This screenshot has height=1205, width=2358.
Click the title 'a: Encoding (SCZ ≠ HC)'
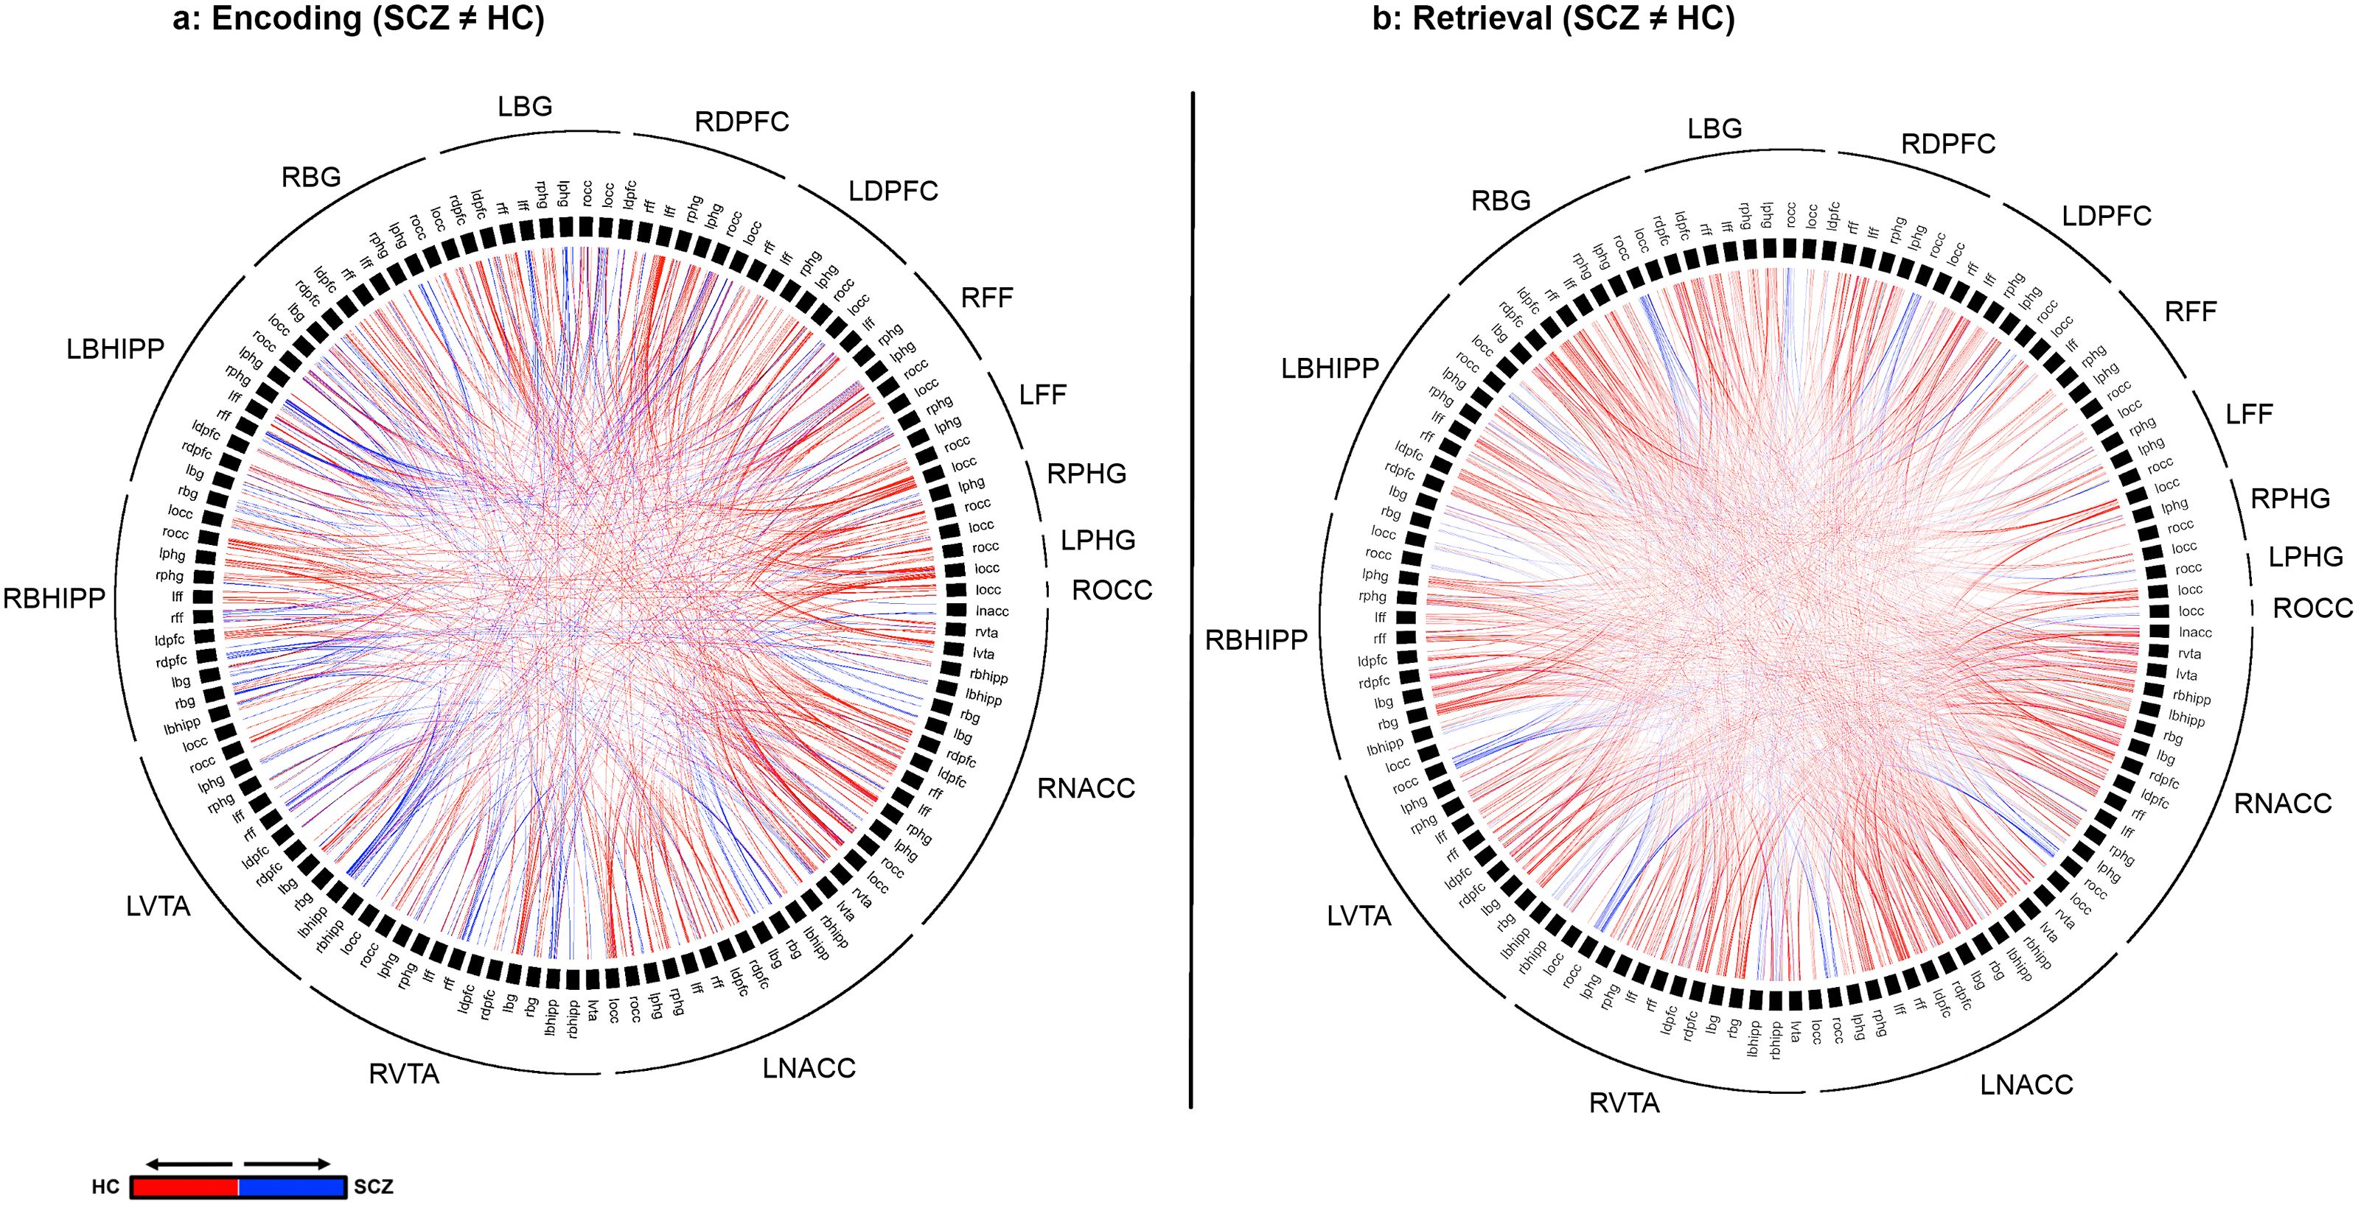[x=358, y=19]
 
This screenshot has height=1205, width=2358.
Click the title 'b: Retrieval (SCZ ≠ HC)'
[x=1552, y=19]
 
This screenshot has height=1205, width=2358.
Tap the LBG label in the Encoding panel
[x=525, y=107]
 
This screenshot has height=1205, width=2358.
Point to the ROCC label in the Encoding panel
[x=1112, y=590]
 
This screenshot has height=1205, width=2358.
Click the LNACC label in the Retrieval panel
[x=2026, y=1085]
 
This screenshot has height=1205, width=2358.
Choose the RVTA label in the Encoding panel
[x=404, y=1074]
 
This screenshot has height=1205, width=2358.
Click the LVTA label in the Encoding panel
[x=158, y=907]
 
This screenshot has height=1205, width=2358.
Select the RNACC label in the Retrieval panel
[x=2282, y=804]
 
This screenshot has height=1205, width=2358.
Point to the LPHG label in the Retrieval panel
[x=2305, y=556]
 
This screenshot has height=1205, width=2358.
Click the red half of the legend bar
[x=184, y=1187]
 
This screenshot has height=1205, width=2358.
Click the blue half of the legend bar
[x=291, y=1187]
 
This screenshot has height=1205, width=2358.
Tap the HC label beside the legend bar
[x=105, y=1187]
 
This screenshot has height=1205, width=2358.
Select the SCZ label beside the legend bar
[x=374, y=1187]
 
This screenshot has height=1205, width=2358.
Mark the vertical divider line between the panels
[x=1191, y=600]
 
